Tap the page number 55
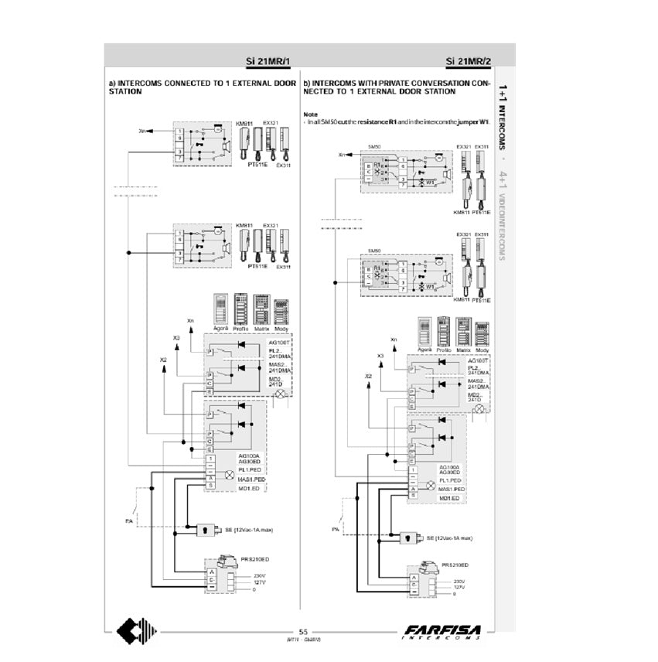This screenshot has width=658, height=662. tap(303, 631)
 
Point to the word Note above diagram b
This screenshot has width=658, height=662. tap(309, 113)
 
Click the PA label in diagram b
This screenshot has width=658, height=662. tap(335, 530)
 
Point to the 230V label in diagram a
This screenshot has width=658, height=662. tap(261, 575)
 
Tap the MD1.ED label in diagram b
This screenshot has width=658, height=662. tap(451, 499)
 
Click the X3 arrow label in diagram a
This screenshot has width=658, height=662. tap(176, 338)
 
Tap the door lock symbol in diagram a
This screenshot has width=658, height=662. tap(207, 531)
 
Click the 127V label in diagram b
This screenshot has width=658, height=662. tap(459, 587)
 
